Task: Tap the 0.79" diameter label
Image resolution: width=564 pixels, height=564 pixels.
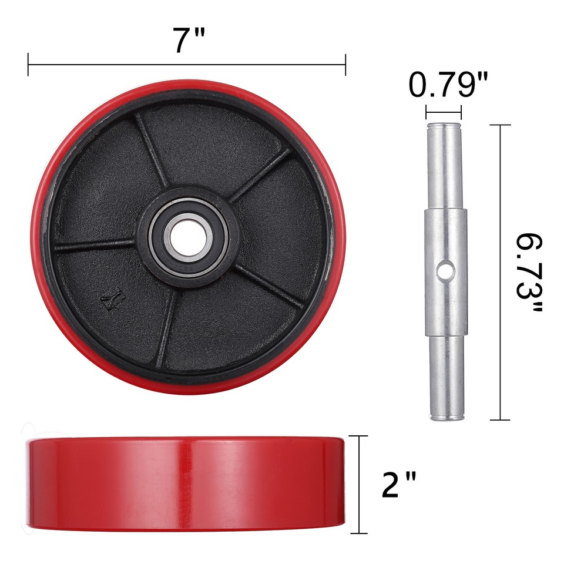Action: click(448, 86)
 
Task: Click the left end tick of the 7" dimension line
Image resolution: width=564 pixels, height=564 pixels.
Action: click(28, 65)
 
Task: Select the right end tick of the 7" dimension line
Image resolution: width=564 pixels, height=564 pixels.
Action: click(345, 65)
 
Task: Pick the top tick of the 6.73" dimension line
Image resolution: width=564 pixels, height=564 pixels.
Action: click(500, 125)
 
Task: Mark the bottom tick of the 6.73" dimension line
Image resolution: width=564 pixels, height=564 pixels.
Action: click(500, 419)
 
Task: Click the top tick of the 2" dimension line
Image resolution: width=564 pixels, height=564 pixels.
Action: click(358, 436)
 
